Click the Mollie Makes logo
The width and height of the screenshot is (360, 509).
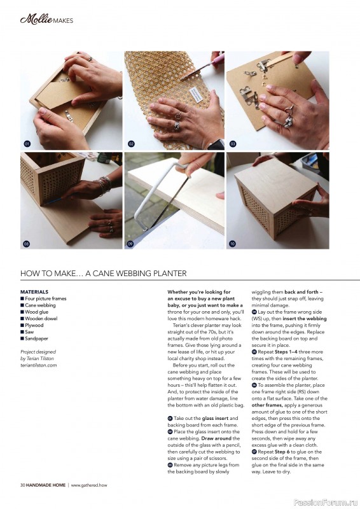(46, 20)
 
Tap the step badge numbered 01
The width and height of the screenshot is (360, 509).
(27, 144)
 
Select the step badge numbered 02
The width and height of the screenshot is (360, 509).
(131, 144)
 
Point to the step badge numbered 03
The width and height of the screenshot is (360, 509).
(233, 144)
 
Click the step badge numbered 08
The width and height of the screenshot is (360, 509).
(27, 244)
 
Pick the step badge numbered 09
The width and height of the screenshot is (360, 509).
(130, 244)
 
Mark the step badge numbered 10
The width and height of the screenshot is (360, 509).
(232, 244)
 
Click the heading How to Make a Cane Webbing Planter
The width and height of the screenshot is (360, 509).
(103, 274)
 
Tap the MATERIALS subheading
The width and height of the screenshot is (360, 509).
(34, 292)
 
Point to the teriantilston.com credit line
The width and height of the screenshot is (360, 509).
(38, 365)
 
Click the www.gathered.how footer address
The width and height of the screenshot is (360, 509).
(89, 485)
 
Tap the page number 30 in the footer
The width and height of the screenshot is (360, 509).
(22, 485)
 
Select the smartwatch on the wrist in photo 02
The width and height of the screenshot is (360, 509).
(216, 145)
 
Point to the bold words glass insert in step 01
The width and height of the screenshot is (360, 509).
(215, 419)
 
